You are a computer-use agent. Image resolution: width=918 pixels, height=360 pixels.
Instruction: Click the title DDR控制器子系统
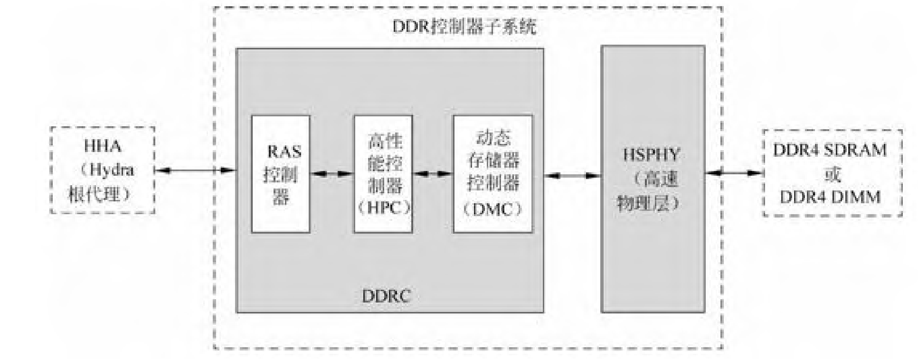[464, 27]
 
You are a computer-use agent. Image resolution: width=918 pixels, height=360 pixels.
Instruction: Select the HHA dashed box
[103, 170]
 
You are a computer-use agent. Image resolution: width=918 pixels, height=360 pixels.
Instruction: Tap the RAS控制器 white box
[281, 174]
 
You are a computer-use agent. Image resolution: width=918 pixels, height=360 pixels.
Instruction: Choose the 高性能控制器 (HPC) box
[383, 174]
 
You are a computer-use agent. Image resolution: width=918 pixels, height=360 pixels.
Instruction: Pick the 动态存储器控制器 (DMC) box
[492, 174]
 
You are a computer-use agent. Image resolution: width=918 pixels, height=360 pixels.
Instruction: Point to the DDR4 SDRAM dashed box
[832, 173]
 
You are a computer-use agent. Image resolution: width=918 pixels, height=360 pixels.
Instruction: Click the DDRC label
[386, 296]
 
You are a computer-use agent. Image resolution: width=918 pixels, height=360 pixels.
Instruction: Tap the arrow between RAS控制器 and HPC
[331, 174]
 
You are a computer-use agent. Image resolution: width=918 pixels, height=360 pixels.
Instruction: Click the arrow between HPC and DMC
[432, 174]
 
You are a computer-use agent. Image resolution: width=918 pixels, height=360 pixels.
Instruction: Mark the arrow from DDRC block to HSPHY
[572, 176]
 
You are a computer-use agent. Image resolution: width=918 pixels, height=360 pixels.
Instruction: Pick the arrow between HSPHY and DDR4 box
[734, 173]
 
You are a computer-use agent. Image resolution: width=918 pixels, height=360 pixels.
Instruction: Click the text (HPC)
[383, 208]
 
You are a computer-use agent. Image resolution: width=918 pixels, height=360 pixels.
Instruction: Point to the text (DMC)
[492, 209]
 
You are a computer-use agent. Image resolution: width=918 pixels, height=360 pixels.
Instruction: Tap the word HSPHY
[652, 155]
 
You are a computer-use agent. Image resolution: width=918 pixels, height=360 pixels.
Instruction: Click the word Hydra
[110, 170]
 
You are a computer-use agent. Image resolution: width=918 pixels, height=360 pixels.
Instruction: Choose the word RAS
[284, 152]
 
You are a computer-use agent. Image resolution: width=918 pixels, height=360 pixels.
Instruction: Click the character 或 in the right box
[832, 174]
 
